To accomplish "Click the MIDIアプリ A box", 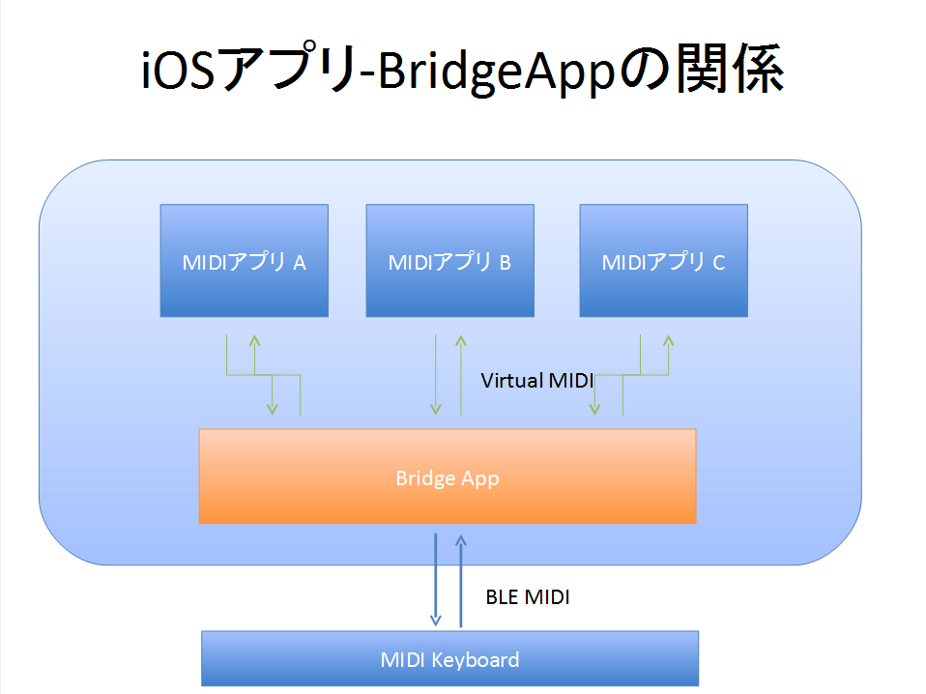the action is pyautogui.click(x=244, y=260).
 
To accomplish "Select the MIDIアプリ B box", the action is pyautogui.click(x=450, y=260).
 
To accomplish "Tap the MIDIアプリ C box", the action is pyautogui.click(x=664, y=260).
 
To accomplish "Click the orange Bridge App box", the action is pyautogui.click(x=448, y=477).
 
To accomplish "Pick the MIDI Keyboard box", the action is pyautogui.click(x=450, y=658).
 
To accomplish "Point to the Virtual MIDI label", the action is pyautogui.click(x=536, y=381).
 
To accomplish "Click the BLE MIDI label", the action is pyautogui.click(x=528, y=597).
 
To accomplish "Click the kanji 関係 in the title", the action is pyautogui.click(x=730, y=69).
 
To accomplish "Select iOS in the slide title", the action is pyautogui.click(x=178, y=70).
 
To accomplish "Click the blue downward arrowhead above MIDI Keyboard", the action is pyautogui.click(x=436, y=622).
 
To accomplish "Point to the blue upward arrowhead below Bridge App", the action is pyautogui.click(x=461, y=540).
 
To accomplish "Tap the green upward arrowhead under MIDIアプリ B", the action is pyautogui.click(x=461, y=340).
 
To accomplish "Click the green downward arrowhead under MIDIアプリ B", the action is pyautogui.click(x=436, y=409).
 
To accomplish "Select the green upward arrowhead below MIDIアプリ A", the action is pyautogui.click(x=254, y=340).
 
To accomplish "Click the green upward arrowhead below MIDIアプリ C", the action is pyautogui.click(x=669, y=340).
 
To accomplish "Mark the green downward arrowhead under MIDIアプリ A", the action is pyautogui.click(x=273, y=409).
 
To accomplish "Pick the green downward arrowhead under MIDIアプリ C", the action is pyautogui.click(x=594, y=409).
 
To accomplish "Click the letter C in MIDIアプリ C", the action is pyautogui.click(x=719, y=263).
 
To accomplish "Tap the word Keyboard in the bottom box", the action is pyautogui.click(x=476, y=660).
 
